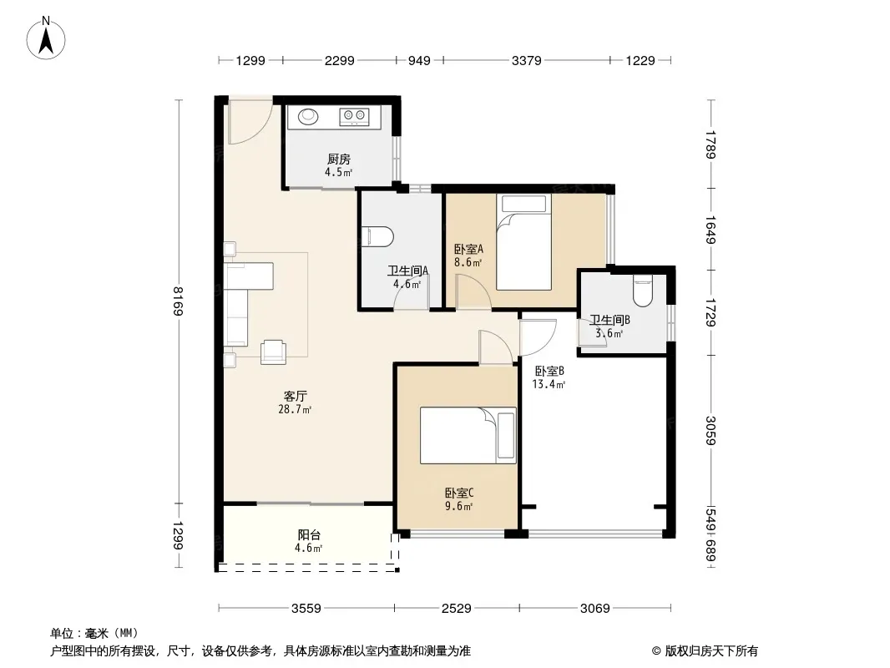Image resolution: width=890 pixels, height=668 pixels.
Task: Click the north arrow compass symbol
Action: (46, 38)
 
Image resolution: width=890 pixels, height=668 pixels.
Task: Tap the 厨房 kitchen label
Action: (338, 159)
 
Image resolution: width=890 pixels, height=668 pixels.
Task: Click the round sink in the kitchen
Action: (308, 116)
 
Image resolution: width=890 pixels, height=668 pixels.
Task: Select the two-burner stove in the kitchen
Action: (354, 116)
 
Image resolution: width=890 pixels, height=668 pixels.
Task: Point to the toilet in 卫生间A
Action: (377, 237)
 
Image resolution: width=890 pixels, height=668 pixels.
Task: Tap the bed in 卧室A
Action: (523, 242)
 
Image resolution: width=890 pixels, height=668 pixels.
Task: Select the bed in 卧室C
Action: (468, 435)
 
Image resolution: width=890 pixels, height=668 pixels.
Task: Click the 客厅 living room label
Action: (296, 396)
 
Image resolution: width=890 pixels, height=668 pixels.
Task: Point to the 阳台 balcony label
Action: (309, 534)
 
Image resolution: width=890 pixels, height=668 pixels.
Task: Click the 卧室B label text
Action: (549, 372)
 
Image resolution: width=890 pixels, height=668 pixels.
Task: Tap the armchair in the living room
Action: (273, 352)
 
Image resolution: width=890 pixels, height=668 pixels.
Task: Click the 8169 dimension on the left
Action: (178, 301)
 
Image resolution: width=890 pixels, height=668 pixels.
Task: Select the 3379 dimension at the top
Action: (526, 61)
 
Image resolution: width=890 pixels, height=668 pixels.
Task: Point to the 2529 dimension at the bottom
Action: (457, 609)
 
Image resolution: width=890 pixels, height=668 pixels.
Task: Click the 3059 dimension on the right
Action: (710, 430)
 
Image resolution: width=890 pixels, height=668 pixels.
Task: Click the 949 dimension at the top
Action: (419, 61)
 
